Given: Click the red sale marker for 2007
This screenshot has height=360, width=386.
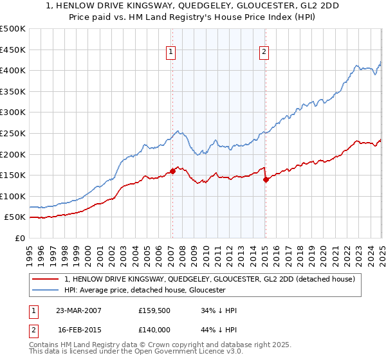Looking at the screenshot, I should pos(172,171).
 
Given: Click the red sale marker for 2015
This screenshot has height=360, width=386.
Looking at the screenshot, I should pos(266,180).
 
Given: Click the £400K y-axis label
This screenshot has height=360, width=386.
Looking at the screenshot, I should pos(14,70).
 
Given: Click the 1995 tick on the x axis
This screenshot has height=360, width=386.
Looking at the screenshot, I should pos(30,239).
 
